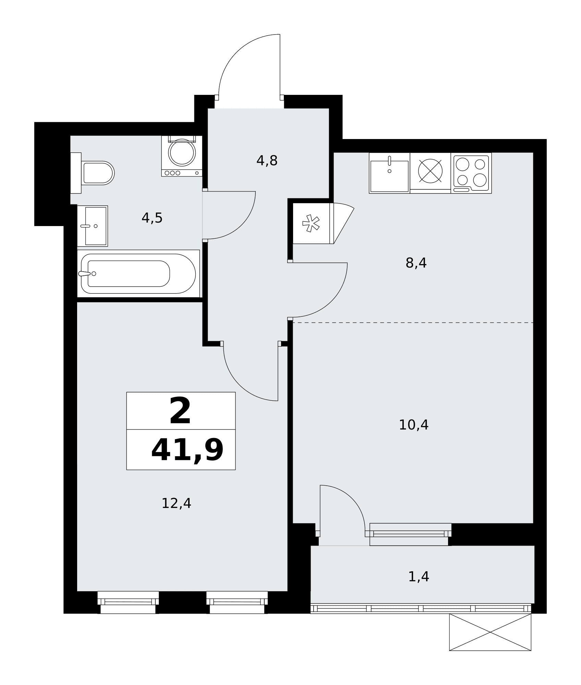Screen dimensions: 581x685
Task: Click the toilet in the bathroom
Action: point(93,173)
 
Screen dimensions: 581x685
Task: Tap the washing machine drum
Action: point(182,153)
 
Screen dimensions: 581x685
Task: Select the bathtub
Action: point(138,274)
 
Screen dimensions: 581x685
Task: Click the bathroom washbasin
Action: point(93,226)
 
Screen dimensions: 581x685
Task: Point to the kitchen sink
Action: point(389,173)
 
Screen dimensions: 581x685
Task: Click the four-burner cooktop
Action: point(471,173)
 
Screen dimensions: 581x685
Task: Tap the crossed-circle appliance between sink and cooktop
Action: point(431,171)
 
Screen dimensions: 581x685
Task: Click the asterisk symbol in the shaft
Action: point(311,223)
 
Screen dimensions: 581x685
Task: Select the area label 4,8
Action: point(267,161)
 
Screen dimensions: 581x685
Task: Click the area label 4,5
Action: point(152,218)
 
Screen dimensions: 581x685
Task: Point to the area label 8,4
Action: point(416,263)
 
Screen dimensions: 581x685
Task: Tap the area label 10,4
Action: point(414,425)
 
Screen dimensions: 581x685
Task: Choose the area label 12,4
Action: point(177,503)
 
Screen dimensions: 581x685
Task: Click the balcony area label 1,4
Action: point(419,577)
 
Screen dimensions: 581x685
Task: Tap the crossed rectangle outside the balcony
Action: point(490,632)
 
